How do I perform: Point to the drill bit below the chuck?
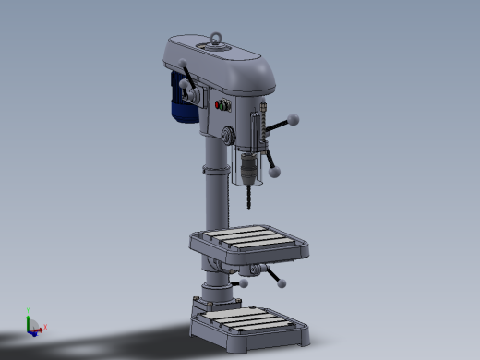(x=247, y=196)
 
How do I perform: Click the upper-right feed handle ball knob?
(x=294, y=119)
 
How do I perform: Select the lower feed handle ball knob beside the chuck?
(x=275, y=171)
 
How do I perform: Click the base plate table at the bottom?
(x=247, y=323)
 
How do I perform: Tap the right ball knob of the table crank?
(x=282, y=282)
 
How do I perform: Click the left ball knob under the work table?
(x=245, y=284)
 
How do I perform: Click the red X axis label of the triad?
(x=45, y=327)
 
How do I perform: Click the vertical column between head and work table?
(x=215, y=203)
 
